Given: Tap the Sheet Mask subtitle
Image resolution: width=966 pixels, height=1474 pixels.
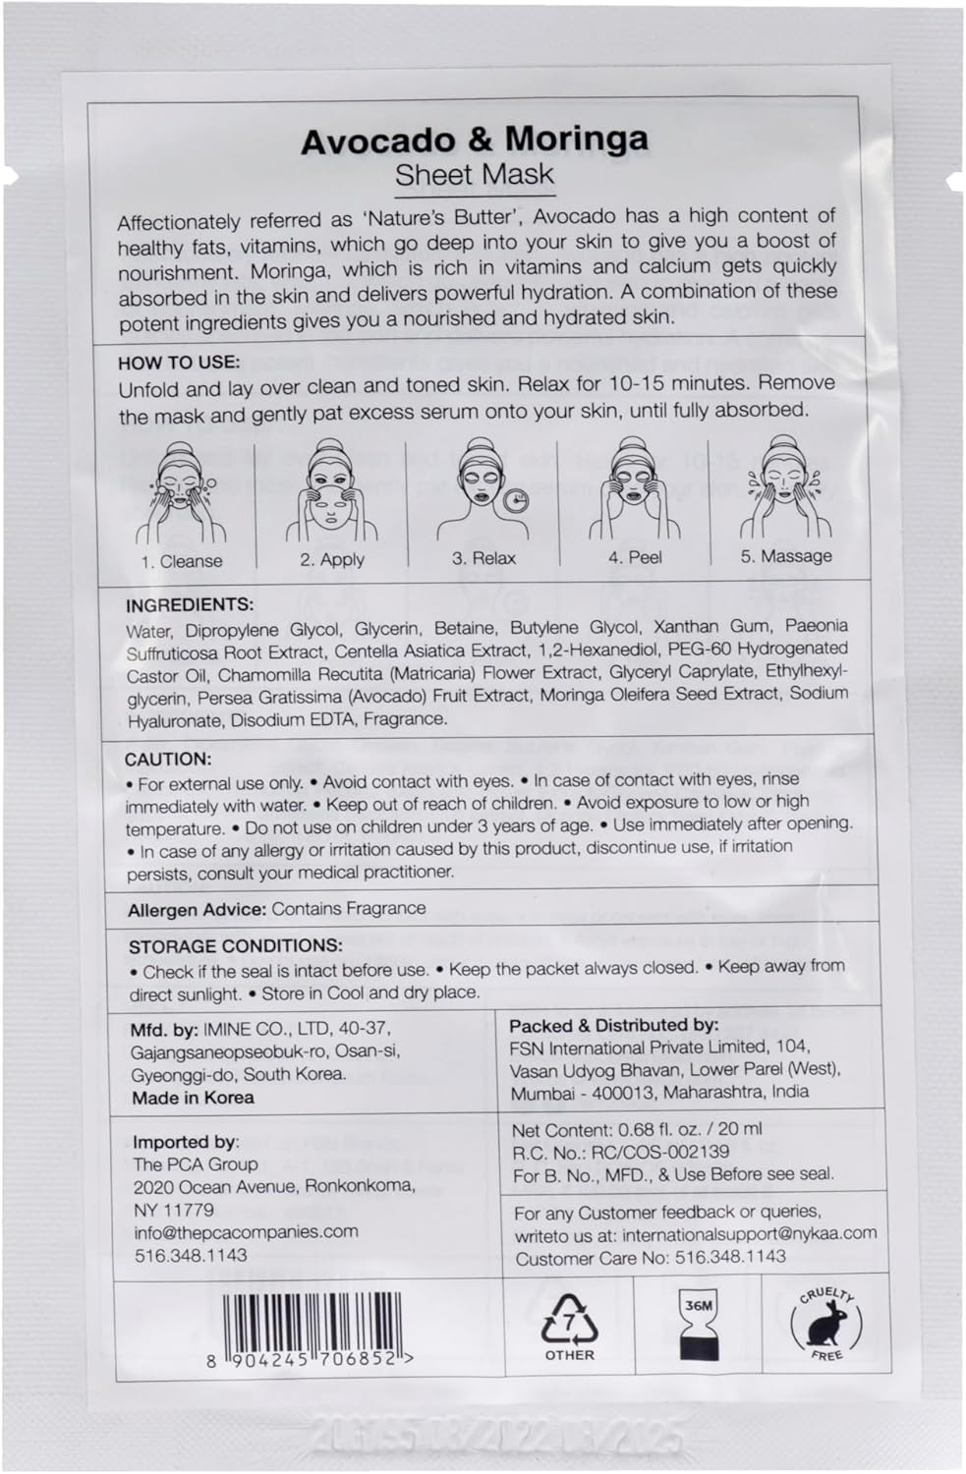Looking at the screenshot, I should click(475, 175).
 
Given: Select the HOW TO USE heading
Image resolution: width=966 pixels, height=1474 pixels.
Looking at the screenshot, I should click(179, 362).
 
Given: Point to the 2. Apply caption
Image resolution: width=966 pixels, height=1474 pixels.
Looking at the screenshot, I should click(332, 559).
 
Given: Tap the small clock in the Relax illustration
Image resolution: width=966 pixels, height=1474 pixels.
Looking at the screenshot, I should click(515, 500).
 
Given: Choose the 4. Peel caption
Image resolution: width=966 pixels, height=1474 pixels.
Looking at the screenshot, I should click(635, 557).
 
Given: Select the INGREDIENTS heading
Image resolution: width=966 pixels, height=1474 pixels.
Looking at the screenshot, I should click(190, 604).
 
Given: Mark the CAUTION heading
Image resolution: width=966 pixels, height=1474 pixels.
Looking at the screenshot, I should click(168, 759).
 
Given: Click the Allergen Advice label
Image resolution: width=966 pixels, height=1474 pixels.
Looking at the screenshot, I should click(198, 910).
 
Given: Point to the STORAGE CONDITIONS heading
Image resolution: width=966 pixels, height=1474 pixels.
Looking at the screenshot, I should click(236, 946).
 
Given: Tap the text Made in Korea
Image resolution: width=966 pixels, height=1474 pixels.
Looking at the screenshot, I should click(194, 1098).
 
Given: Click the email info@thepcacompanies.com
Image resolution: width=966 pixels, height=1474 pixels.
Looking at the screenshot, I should click(246, 1231).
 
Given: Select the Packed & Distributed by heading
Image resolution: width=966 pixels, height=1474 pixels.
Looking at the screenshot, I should click(614, 1025).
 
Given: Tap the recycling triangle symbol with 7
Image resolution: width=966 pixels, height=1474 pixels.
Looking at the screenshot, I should click(570, 1319).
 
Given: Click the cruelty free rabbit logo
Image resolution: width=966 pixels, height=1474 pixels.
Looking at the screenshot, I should click(825, 1324).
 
